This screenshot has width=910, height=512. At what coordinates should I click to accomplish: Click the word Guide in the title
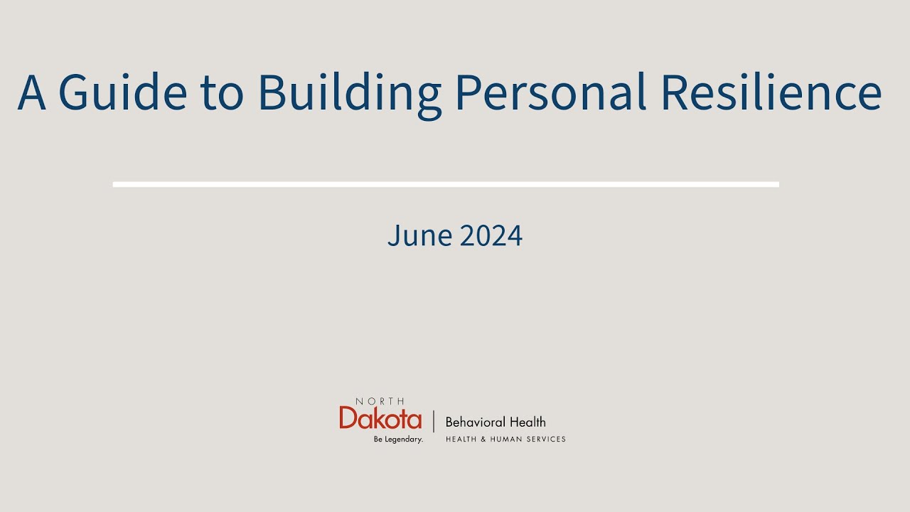click(122, 92)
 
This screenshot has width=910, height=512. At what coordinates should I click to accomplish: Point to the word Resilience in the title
click(771, 92)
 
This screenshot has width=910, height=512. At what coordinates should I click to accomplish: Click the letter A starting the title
click(31, 92)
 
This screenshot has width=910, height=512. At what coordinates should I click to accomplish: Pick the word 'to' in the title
click(221, 92)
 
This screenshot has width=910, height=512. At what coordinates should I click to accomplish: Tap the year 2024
click(491, 235)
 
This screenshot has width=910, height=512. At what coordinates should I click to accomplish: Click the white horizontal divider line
click(446, 184)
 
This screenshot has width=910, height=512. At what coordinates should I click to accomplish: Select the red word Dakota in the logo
click(380, 418)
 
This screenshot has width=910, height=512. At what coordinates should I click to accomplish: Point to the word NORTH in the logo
click(380, 402)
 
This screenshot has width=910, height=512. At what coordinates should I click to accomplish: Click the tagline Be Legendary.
click(398, 439)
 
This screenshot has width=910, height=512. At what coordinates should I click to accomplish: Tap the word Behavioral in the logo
click(475, 422)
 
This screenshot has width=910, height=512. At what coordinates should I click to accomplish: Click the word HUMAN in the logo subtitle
click(508, 439)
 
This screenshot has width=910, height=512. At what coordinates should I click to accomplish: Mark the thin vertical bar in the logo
click(434, 422)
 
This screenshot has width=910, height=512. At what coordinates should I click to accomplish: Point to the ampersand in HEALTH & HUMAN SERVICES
click(483, 439)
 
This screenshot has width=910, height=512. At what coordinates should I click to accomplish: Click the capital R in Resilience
click(673, 92)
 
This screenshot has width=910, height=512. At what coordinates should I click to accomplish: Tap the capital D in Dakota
click(347, 418)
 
